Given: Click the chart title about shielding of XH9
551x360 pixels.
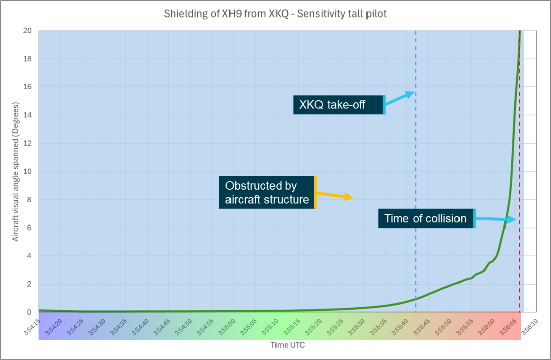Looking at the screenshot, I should point(275,14).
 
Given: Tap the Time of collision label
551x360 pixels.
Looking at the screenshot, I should point(426,218).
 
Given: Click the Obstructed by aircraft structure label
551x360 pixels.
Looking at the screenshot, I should point(267,192).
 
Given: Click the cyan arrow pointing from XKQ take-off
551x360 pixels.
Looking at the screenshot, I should point(400,98).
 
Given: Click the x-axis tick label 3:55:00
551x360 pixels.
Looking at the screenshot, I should point(225,326).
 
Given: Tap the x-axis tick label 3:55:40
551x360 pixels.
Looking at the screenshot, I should point(398,326).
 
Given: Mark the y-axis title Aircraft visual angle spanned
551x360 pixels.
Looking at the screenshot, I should point(16,172).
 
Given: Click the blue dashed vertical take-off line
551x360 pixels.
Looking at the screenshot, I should point(416,152).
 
